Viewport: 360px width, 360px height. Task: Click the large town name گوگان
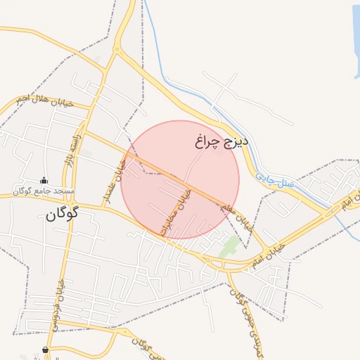[62, 213]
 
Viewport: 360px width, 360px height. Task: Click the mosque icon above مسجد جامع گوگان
[44, 181]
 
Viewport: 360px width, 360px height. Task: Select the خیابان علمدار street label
[114, 181]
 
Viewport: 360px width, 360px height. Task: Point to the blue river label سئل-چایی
[274, 181]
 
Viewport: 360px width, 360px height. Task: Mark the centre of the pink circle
[180, 180]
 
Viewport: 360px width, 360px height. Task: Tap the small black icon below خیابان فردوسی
[46, 349]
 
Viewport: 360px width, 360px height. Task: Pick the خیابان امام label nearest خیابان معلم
[270, 253]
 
